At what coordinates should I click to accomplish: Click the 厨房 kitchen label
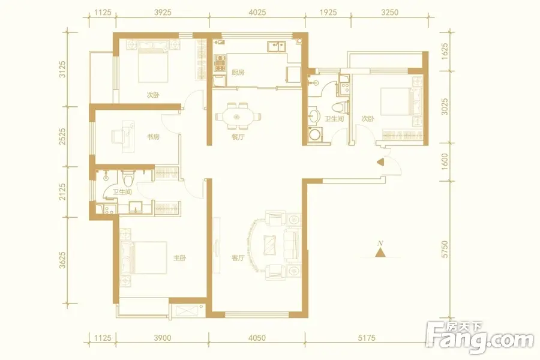238,73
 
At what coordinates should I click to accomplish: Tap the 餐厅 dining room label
238,137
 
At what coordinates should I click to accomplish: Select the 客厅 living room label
238,257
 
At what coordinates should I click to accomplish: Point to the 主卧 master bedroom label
179,257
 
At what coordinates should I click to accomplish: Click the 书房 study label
153,137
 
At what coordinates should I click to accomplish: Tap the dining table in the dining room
237,117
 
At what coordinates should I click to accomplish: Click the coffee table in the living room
269,245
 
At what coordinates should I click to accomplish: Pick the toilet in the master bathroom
128,177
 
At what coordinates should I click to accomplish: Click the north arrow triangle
380,253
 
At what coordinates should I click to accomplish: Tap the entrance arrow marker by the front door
380,162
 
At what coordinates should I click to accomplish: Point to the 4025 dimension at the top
257,13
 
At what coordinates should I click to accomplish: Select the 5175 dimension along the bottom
366,338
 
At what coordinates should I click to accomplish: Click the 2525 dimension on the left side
62,136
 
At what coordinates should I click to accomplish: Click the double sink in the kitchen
277,46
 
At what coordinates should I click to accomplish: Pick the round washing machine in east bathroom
314,134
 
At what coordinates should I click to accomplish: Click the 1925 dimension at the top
328,13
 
